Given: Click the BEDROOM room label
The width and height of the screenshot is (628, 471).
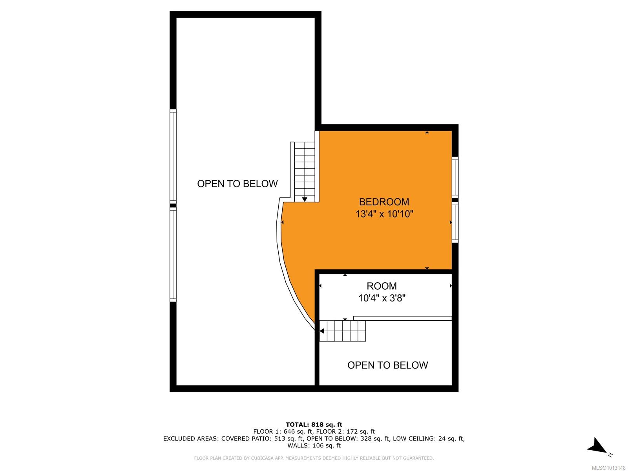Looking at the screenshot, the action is tap(384, 202).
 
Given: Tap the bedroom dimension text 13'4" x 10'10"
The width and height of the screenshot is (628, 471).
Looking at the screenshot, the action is tap(384, 214).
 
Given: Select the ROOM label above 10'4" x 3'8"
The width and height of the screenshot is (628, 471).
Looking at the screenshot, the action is tap(382, 286).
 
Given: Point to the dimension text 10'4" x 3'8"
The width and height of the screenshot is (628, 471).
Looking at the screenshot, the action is tap(382, 298).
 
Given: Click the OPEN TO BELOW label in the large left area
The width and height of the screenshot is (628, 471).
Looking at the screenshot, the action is tap(237, 184).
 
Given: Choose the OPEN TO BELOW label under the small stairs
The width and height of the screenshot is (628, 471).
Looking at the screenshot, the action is tap(387, 365).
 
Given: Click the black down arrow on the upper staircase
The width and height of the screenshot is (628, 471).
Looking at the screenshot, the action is tap(305, 199).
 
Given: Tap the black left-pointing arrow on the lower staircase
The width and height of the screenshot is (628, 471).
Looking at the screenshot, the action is tap(321, 331).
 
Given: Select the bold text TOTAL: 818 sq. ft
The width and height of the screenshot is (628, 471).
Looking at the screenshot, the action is tap(314, 425).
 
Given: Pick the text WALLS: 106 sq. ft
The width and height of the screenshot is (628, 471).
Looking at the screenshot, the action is tap(314, 445).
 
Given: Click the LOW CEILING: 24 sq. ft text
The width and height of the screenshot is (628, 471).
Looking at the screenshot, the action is tap(429, 438).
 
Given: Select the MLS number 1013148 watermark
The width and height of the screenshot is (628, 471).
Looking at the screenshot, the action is tap(608, 467).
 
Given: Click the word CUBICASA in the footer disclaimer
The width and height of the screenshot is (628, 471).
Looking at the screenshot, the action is tap(262, 458).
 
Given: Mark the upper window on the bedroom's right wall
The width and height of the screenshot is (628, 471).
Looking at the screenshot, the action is tap(455, 177).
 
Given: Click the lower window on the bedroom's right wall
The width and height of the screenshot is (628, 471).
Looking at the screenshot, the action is tap(455, 223).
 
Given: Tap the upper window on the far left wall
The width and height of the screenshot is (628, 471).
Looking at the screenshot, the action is tap(173, 156).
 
